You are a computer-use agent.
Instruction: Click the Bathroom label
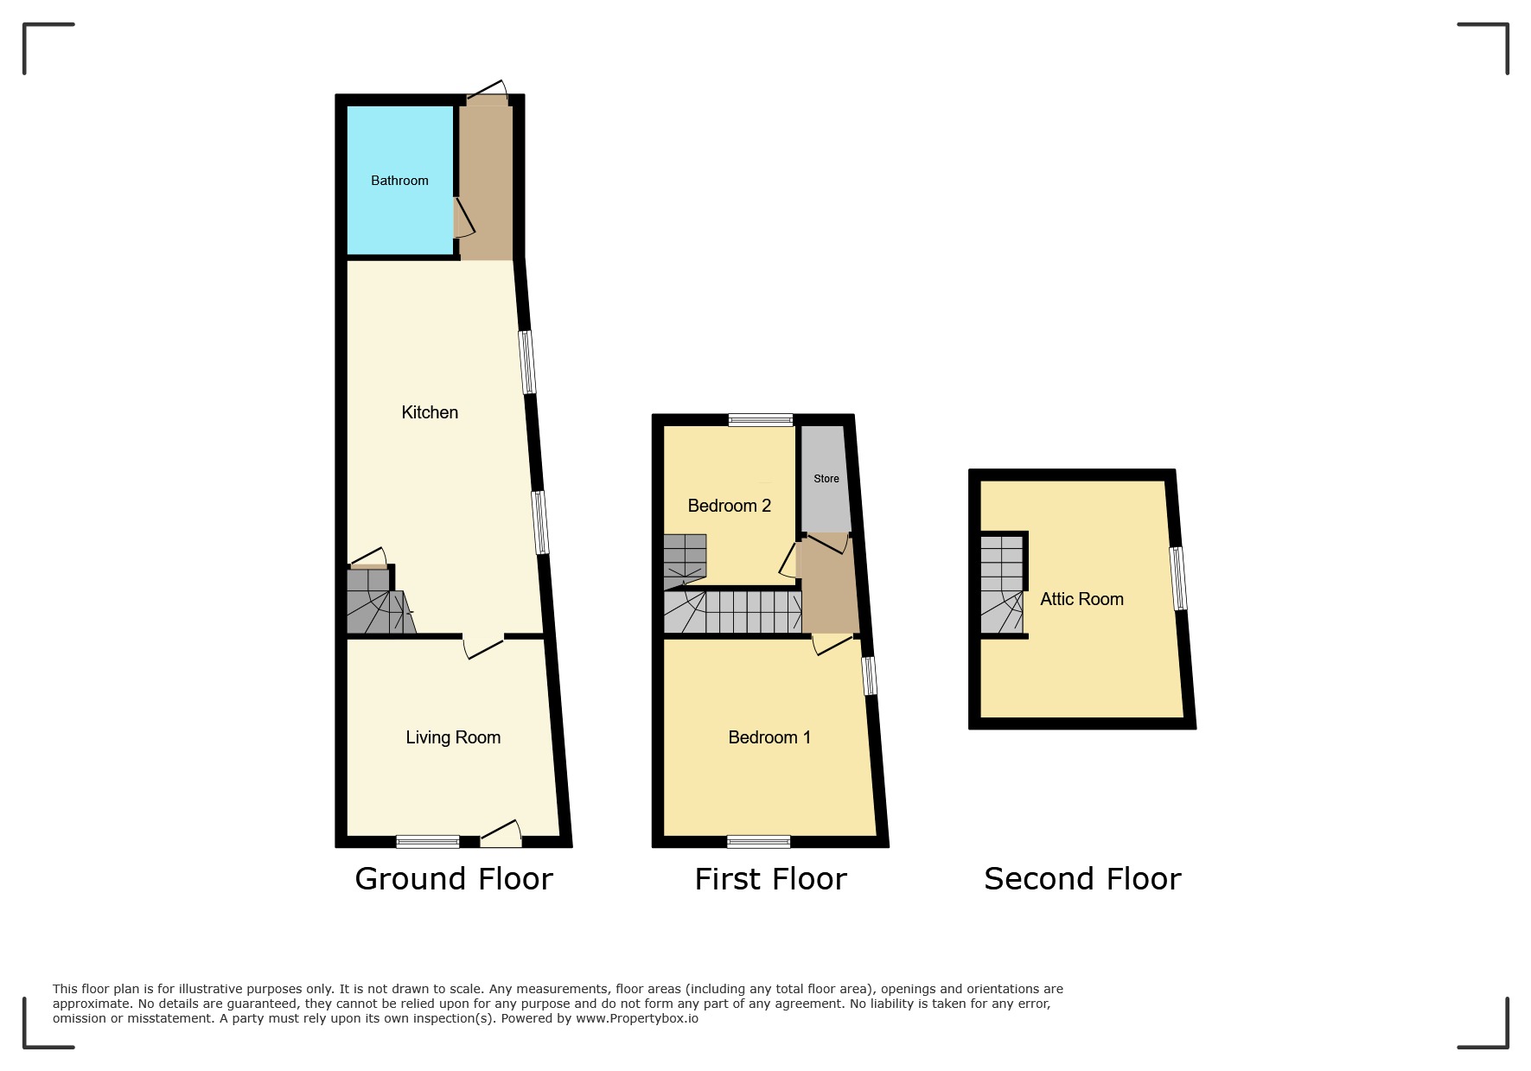click(399, 181)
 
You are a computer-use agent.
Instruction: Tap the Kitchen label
click(430, 412)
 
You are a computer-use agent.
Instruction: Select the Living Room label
click(453, 737)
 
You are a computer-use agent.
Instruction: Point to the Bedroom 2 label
click(729, 506)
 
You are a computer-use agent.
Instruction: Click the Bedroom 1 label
click(769, 737)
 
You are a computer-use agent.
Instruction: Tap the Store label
click(826, 479)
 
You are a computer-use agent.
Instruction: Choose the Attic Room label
click(1081, 599)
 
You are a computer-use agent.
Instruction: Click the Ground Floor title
click(454, 879)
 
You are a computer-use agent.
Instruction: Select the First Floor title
click(770, 879)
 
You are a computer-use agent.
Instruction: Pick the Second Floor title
click(1082, 879)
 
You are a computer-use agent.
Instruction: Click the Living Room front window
click(428, 841)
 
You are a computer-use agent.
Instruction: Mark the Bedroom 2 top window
click(761, 420)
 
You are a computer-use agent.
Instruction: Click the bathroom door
click(463, 217)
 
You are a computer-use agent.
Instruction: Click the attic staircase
click(1002, 585)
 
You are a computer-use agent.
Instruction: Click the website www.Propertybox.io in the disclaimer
click(637, 1018)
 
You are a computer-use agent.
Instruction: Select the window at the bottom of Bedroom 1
click(759, 841)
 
